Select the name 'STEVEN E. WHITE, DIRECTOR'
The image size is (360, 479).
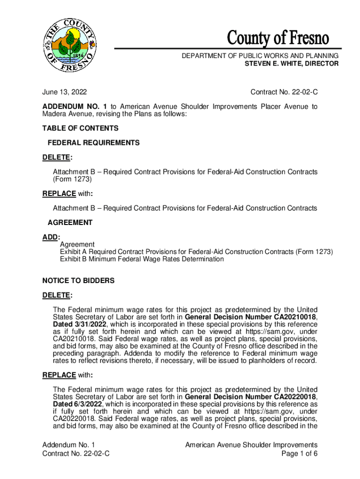click(x=292, y=64)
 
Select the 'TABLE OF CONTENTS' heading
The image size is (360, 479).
click(x=80, y=128)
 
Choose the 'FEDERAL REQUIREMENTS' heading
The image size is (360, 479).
click(x=94, y=143)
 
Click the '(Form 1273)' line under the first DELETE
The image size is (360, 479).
click(x=72, y=179)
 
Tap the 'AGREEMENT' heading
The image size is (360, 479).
click(x=70, y=223)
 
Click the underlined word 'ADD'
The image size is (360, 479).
click(x=49, y=237)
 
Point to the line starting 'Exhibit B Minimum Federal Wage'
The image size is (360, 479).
click(x=142, y=259)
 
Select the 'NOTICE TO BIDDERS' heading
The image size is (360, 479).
click(x=79, y=281)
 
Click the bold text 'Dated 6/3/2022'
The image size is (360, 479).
click(x=78, y=404)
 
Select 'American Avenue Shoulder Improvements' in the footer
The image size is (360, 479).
click(x=251, y=445)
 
